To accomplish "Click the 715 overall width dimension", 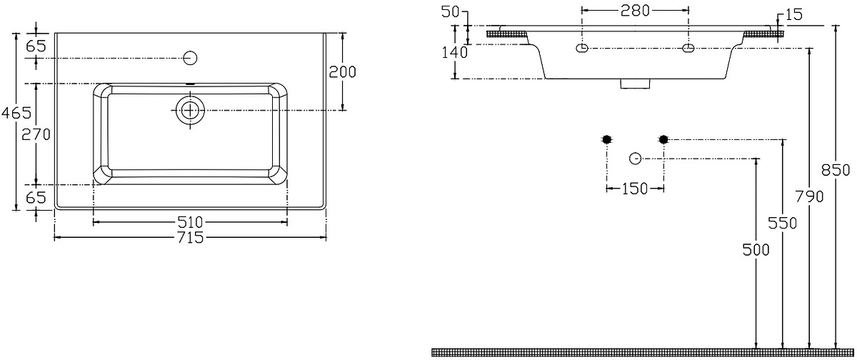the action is pyautogui.click(x=190, y=238).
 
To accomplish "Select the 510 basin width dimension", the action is pyautogui.click(x=190, y=222).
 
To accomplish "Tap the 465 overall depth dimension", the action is pyautogui.click(x=16, y=113).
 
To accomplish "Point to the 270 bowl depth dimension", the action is pyautogui.click(x=36, y=135).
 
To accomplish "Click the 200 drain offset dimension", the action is pyautogui.click(x=342, y=72).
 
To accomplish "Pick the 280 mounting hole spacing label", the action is pyautogui.click(x=635, y=11).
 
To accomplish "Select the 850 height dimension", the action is pyautogui.click(x=836, y=170).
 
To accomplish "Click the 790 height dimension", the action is pyautogui.click(x=809, y=197).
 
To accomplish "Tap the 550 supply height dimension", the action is pyautogui.click(x=783, y=224).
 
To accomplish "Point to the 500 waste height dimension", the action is pyautogui.click(x=756, y=250).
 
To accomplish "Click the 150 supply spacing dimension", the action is pyautogui.click(x=634, y=189).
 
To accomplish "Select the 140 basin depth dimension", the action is pyautogui.click(x=454, y=52).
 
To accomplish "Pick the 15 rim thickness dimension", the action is pyautogui.click(x=793, y=15).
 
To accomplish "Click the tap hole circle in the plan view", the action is pyautogui.click(x=190, y=58).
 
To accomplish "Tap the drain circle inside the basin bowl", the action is pyautogui.click(x=190, y=111).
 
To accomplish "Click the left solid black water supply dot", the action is pyautogui.click(x=607, y=139).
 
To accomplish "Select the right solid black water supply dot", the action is pyautogui.click(x=663, y=139).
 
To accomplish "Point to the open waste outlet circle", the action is pyautogui.click(x=635, y=159).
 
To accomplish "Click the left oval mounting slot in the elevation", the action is pyautogui.click(x=582, y=48).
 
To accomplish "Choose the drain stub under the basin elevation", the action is pyautogui.click(x=635, y=84).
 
